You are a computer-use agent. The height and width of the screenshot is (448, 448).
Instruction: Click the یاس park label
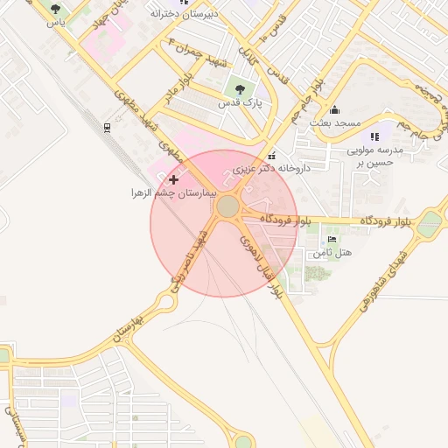click(57, 23)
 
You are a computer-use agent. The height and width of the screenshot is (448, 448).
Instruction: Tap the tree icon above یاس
click(56, 9)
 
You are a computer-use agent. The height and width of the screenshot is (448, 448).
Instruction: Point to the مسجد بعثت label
click(333, 124)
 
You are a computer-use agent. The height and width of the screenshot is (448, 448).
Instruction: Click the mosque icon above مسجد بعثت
click(333, 109)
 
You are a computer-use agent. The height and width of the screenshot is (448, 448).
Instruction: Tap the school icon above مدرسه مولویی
click(374, 136)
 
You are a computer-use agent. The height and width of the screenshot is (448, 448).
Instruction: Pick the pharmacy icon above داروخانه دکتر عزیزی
click(272, 153)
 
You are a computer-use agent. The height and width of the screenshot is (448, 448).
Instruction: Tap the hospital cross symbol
click(173, 179)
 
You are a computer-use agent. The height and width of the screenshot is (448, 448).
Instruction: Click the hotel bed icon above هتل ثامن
click(331, 239)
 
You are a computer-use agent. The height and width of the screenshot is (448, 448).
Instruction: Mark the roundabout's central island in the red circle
click(227, 206)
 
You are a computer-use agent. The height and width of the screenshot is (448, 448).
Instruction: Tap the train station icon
click(107, 128)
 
